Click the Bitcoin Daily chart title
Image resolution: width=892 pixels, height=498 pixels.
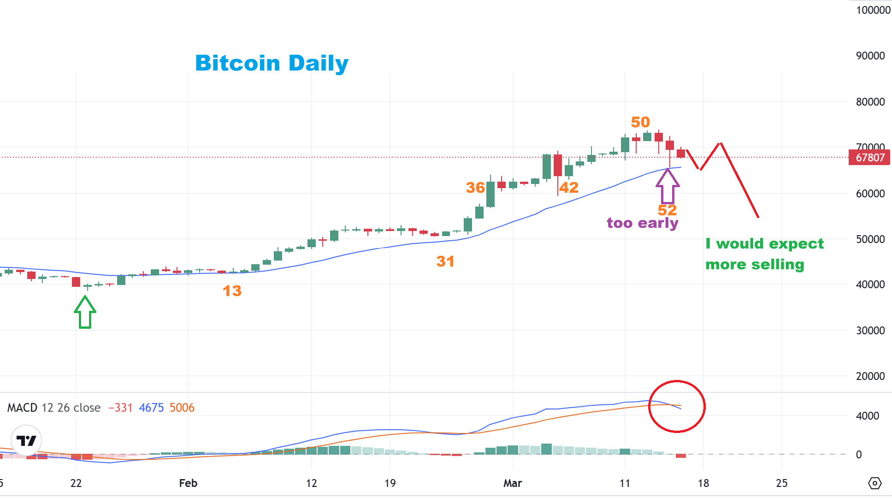272,63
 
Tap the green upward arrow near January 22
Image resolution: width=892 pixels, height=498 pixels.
85,313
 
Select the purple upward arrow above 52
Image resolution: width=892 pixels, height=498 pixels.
668,187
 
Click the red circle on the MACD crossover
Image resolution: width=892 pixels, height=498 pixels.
677,406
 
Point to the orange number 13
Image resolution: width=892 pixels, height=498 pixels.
232,291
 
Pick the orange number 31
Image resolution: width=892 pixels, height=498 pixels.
445,261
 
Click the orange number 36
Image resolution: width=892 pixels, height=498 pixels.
475,188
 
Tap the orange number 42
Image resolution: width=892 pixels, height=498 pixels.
569,188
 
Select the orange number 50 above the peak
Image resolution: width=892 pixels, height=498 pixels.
640,122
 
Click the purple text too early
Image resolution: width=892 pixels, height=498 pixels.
642,223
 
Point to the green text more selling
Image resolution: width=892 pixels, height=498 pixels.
755,265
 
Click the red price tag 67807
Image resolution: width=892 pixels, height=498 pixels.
870,158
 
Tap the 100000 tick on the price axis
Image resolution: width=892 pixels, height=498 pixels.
873,10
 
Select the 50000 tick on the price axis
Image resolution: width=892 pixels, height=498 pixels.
870,239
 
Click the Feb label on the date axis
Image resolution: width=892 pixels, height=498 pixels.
188,483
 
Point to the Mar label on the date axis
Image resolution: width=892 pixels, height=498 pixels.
513,483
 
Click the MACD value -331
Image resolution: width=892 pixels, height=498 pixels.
120,408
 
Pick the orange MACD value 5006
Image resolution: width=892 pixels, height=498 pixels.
182,408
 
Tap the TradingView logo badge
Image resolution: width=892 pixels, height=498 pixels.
26,440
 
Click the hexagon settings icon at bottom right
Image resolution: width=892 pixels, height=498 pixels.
874,483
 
